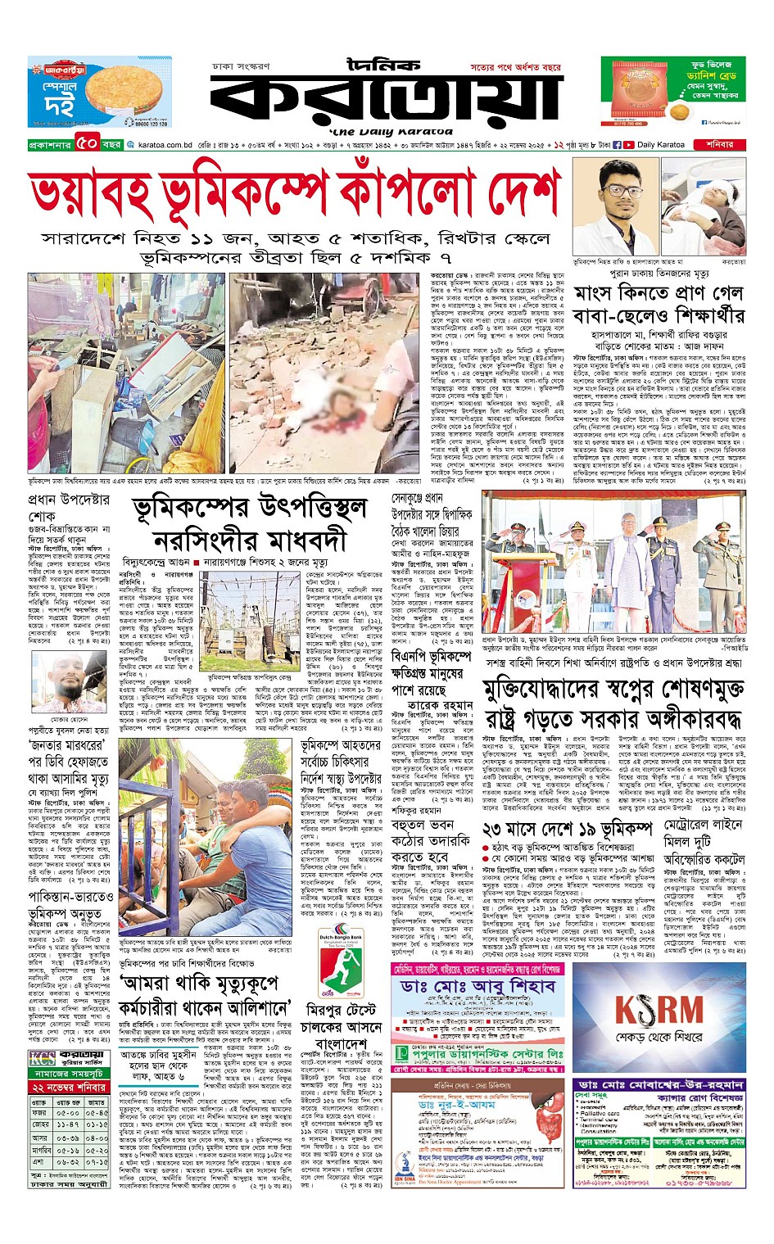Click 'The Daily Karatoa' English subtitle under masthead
391,132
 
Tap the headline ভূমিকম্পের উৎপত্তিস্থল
249,509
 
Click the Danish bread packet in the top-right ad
640,93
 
